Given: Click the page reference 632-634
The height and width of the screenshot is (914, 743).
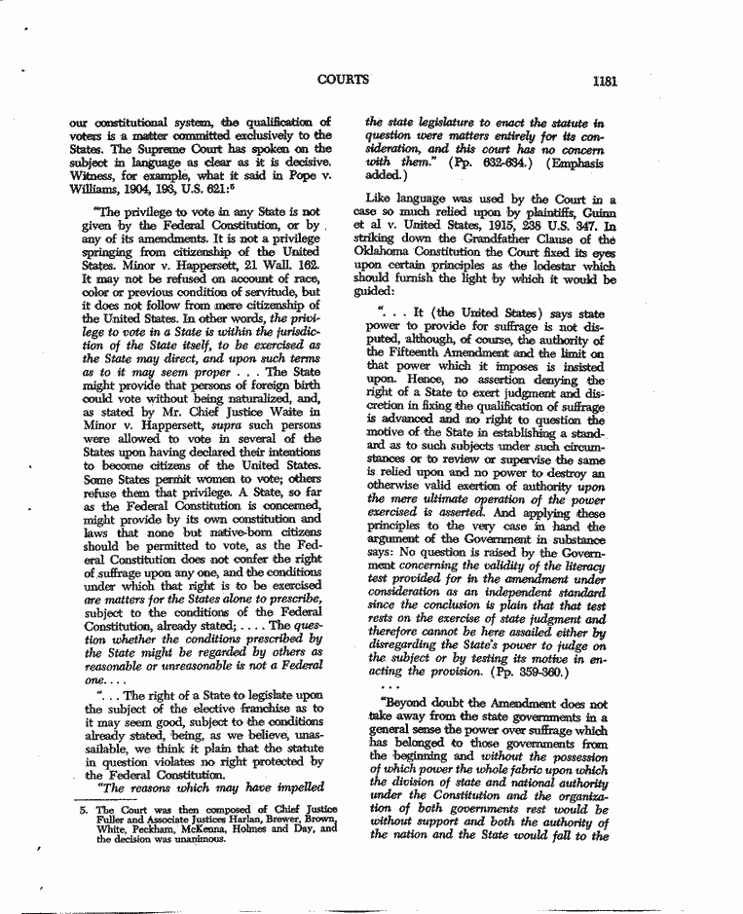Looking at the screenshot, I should pyautogui.click(x=507, y=163).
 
